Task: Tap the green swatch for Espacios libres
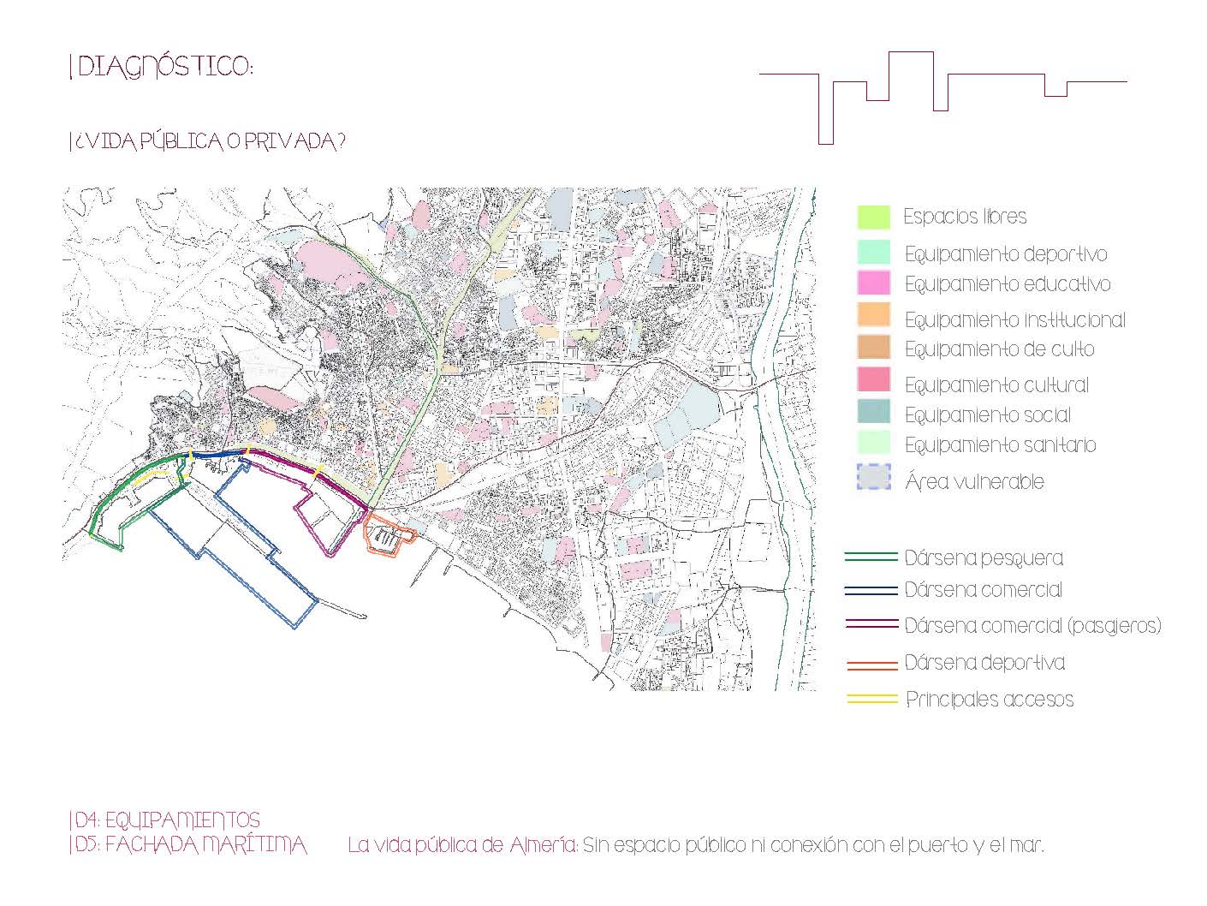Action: (x=873, y=217)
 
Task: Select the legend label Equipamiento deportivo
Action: (x=1006, y=254)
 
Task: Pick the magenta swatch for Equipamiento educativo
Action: (x=873, y=283)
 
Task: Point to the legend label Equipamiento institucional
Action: (x=1015, y=319)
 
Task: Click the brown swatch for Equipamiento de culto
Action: (x=873, y=347)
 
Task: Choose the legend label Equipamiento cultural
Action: (x=996, y=384)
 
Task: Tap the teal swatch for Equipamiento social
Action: (x=873, y=412)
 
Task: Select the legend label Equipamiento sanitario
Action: (x=1000, y=444)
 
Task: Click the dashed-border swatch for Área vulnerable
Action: (x=873, y=477)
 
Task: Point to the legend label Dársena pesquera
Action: (x=984, y=557)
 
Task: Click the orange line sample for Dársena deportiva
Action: (x=871, y=665)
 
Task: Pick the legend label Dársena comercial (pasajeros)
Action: (x=1032, y=625)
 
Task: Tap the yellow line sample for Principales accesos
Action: (x=871, y=699)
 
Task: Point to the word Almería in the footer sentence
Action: (x=544, y=844)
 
